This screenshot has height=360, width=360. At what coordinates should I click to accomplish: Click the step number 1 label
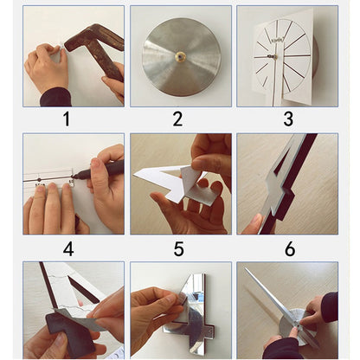pos(67,119)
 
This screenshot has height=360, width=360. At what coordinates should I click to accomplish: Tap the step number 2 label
pos(177,119)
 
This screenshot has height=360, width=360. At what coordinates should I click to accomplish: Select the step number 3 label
pos(288,119)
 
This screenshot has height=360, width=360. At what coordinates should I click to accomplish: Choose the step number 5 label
pos(178,249)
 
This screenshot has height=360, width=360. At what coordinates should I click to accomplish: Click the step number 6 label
pos(289,249)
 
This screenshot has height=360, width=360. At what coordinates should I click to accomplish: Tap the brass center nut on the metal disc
pos(181,56)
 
